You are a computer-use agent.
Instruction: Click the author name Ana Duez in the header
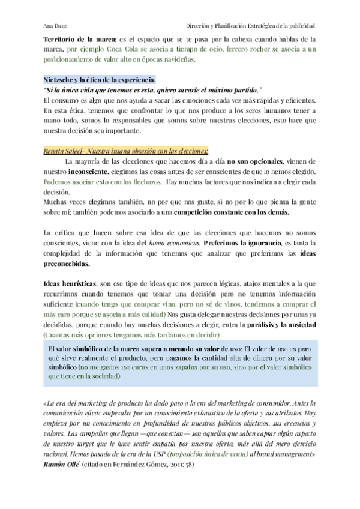click(55, 26)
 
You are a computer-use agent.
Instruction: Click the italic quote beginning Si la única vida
click(144, 89)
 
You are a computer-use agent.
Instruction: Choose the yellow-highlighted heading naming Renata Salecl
click(126, 151)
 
